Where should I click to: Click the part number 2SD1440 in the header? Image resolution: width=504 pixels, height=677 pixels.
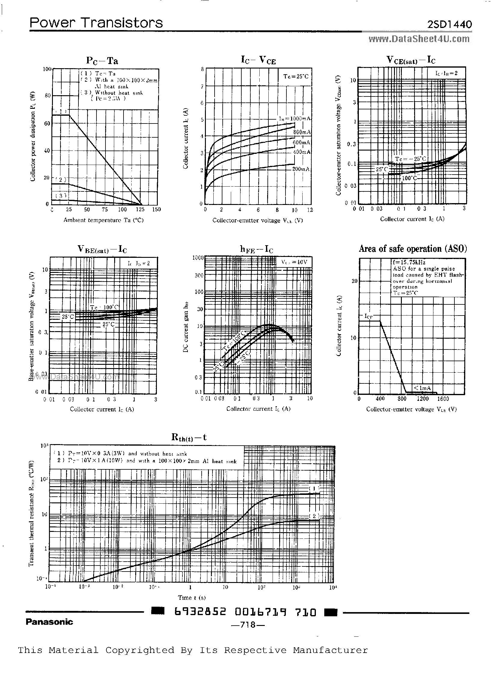coord(449,24)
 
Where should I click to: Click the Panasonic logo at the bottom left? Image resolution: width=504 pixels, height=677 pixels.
coord(49,622)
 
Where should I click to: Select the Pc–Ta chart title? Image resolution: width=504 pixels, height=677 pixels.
coord(102,61)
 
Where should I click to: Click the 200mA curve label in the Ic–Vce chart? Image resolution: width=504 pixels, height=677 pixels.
coord(301,169)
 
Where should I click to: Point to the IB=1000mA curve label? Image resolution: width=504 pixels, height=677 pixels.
coord(295,118)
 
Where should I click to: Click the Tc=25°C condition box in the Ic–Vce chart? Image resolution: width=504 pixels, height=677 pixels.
coord(296,76)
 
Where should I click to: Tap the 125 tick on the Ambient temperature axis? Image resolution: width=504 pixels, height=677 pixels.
coord(140,209)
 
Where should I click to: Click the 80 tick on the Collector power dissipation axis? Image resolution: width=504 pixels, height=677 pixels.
coord(47,96)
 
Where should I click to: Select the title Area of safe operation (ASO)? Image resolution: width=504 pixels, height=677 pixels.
coord(412,249)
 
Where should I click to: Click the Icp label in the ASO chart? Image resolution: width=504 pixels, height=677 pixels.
coord(368,316)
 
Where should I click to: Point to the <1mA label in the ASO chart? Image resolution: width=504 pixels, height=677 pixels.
coord(422,388)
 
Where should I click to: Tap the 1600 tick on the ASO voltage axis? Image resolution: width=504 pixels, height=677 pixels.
coord(443,398)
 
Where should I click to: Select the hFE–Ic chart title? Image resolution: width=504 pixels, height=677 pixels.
coord(257,249)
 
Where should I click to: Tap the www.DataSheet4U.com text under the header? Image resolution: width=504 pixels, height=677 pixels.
coord(419,39)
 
